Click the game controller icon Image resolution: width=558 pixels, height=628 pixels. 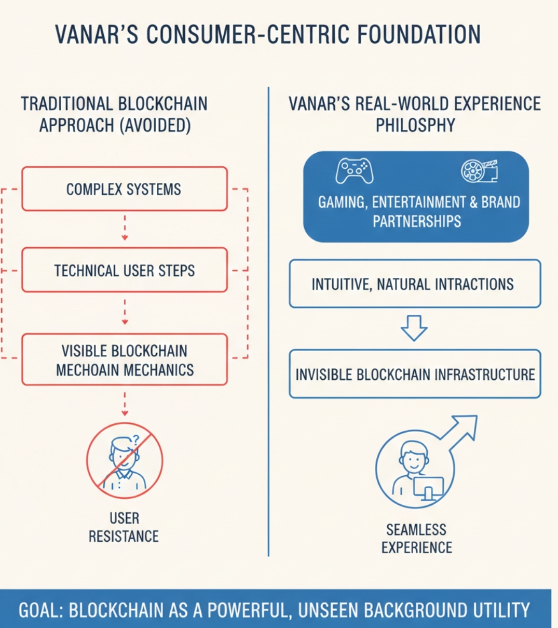(354, 171)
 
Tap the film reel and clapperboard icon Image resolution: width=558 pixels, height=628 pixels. (479, 171)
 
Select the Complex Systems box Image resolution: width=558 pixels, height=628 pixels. (124, 189)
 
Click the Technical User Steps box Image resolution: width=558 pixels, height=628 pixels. (124, 270)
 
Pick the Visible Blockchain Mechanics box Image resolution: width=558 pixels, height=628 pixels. (124, 359)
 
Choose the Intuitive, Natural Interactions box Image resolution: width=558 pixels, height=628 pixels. (414, 284)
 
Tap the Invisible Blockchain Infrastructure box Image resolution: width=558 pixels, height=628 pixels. (414, 374)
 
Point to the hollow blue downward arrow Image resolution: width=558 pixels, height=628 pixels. (414, 328)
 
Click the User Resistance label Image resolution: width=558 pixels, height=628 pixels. (124, 527)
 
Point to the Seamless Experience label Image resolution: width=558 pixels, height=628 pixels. (416, 538)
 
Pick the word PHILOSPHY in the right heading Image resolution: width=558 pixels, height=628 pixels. (415, 125)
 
